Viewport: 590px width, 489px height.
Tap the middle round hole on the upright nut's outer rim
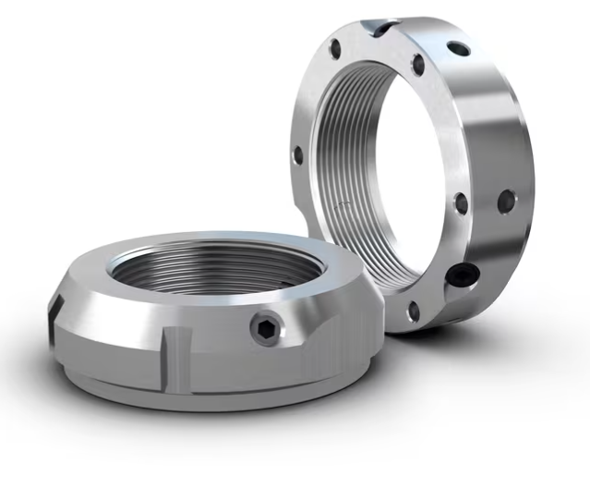(505, 200)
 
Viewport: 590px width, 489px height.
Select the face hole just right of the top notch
(417, 64)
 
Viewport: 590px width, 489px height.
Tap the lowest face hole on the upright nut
(412, 312)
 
